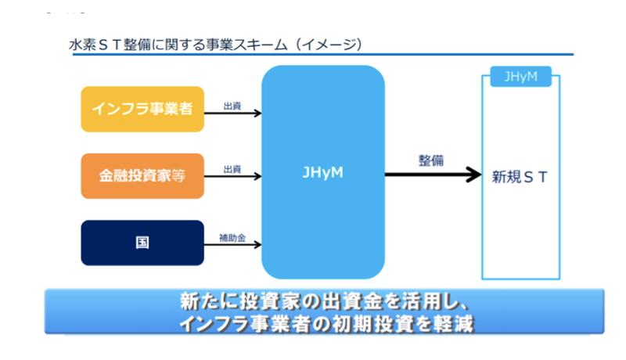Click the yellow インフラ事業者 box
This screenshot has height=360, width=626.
pos(142,109)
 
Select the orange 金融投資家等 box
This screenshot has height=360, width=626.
pos(142,176)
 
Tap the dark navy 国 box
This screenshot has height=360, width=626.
pos(142,243)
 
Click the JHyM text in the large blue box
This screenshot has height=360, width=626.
pos(322,172)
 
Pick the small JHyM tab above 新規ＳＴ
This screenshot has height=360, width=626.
pos(520,76)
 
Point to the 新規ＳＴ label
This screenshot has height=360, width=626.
pos(519,177)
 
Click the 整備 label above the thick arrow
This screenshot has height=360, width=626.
pos(431,160)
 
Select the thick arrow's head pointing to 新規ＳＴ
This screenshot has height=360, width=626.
pos(474,175)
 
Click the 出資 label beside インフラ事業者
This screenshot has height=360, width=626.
pos(232,106)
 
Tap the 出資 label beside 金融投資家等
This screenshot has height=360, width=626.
pos(232,169)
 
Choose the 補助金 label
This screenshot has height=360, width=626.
pos(232,238)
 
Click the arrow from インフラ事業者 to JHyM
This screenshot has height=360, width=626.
pos(232,113)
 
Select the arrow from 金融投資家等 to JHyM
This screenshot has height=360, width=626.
pos(232,176)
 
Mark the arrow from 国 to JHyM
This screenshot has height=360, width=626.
pos(232,245)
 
